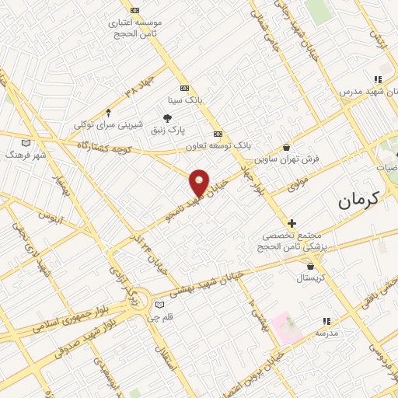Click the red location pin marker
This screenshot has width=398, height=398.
pos(200,183)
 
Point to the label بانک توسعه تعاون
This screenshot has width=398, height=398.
pos(219,145)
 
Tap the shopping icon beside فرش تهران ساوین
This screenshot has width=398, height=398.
pos(287,146)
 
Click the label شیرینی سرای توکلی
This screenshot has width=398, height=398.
pos(108,124)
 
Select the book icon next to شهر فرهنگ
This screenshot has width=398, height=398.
pos(27,143)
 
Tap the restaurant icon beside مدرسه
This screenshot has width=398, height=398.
pos(327,320)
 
